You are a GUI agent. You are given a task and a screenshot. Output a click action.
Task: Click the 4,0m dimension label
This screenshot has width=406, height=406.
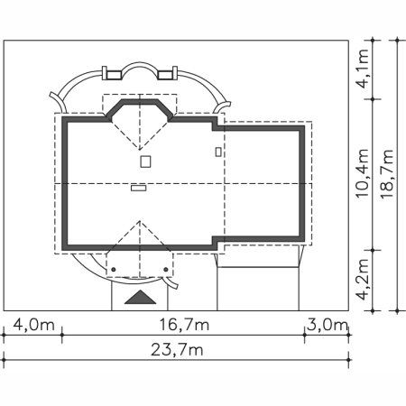tap(34, 325)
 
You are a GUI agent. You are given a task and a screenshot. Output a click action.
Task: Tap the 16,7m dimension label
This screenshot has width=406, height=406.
tap(184, 325)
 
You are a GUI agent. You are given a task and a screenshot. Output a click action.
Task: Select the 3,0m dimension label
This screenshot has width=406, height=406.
tap(328, 325)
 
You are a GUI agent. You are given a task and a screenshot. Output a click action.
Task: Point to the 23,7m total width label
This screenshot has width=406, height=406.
tap(177, 350)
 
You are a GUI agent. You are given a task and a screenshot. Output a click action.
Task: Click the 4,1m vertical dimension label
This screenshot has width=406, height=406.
tap(362, 69)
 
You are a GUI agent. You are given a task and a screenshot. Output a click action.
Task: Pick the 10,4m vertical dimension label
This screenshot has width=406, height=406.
tap(362, 173)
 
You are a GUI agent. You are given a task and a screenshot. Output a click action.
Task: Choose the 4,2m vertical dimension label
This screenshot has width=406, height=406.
tap(362, 280)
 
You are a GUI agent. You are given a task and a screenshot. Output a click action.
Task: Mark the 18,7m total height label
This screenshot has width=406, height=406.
tap(387, 174)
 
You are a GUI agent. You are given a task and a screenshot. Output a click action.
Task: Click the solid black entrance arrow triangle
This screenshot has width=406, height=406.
tap(140, 297)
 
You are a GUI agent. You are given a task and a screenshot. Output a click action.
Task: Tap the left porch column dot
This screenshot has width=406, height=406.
tap(114, 270)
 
